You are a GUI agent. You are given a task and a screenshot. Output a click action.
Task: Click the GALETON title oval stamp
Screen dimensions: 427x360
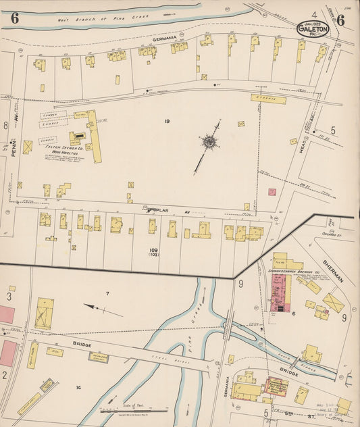coord(313,29)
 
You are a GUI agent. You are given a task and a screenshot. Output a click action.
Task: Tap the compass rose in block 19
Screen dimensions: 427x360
coord(210,142)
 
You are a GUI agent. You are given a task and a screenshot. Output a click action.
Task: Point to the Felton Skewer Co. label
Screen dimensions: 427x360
coord(63,147)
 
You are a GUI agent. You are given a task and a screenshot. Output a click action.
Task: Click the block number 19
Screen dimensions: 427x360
coord(165,121)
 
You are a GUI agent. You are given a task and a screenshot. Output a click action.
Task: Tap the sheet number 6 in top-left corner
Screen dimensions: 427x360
coord(14,18)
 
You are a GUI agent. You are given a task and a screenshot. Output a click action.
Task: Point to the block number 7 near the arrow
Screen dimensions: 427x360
coord(107,293)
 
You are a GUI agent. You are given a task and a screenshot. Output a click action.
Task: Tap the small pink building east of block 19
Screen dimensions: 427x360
coord(272,192)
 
